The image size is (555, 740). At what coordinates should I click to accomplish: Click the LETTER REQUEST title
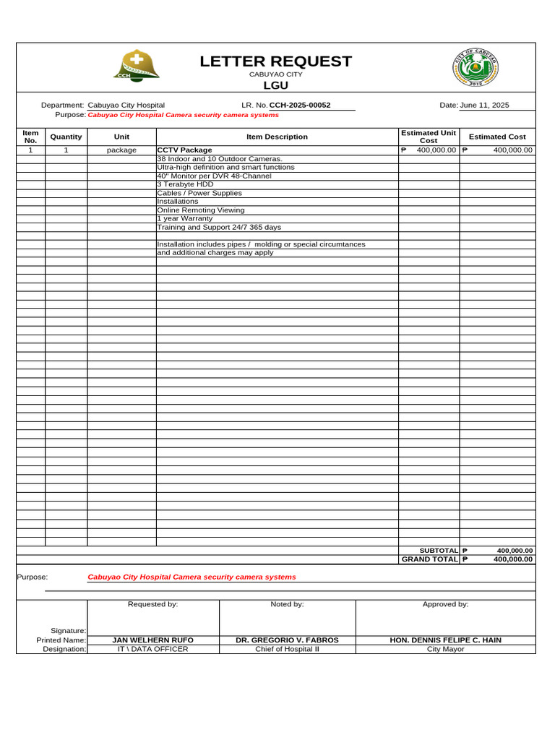(275, 61)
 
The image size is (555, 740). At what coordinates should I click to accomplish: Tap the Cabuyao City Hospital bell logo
(136, 66)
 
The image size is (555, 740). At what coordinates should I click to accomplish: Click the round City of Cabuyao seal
(475, 69)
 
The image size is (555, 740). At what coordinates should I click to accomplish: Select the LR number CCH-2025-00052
(300, 106)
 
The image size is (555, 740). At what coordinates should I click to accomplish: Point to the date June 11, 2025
(484, 106)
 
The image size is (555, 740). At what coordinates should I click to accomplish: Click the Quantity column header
(66, 137)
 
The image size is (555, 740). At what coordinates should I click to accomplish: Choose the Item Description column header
(277, 137)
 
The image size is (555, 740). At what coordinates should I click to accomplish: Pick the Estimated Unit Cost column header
(429, 137)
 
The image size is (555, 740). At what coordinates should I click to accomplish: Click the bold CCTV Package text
(185, 150)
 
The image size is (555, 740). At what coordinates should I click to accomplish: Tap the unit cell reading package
(121, 150)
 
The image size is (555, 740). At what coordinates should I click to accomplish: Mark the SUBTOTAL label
(439, 551)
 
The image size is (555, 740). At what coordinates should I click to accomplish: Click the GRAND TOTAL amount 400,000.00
(513, 559)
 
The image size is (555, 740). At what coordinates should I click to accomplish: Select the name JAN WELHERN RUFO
(152, 640)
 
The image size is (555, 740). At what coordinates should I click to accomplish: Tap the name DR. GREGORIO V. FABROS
(287, 640)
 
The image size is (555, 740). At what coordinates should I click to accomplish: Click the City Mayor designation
(445, 649)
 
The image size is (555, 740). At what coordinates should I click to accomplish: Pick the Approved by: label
(445, 604)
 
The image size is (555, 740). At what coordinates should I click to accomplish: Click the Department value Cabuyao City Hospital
(126, 106)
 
